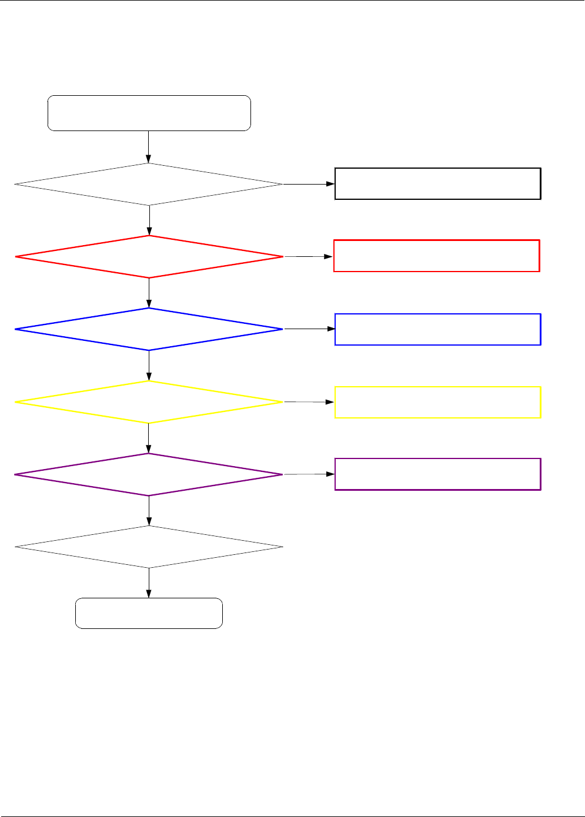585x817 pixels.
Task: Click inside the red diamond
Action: tap(149, 257)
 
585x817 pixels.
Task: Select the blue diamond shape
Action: tap(149, 329)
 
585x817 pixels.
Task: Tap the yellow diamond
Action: tap(149, 402)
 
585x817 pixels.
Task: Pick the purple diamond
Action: tap(149, 474)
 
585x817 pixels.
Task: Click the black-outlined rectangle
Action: tap(437, 184)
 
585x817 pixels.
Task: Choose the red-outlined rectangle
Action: tap(436, 256)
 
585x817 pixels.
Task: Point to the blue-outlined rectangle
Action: tap(437, 329)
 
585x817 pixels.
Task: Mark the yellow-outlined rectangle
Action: tap(437, 402)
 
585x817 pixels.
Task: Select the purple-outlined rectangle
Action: tap(437, 474)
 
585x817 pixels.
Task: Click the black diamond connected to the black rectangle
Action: tap(149, 185)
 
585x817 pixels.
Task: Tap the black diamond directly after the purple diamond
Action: tap(149, 547)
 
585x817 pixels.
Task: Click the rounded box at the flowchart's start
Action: tap(149, 113)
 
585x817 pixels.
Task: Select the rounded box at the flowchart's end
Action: tap(149, 614)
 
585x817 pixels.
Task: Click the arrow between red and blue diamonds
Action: tap(149, 293)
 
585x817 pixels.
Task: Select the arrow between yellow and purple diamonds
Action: tap(149, 438)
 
